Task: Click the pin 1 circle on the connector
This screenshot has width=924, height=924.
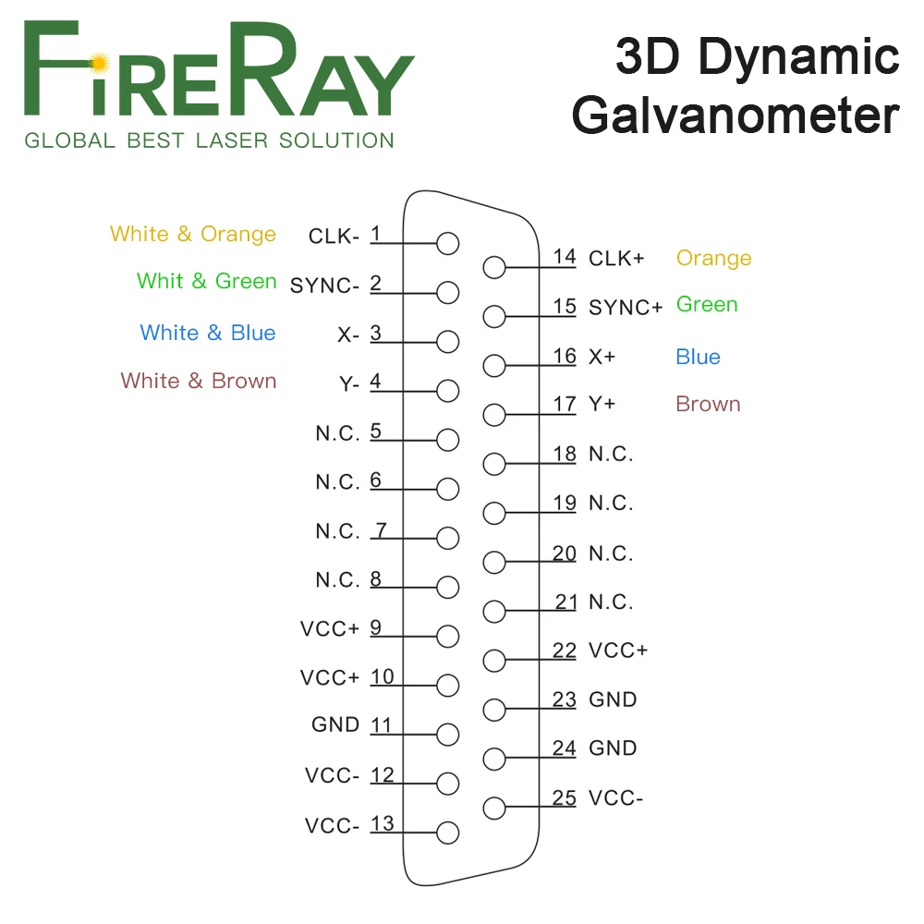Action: point(448,244)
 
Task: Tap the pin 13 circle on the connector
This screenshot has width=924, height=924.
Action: point(448,833)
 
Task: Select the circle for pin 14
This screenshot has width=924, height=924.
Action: point(494,269)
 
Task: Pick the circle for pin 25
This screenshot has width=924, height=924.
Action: point(494,808)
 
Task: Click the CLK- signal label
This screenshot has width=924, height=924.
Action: point(334,237)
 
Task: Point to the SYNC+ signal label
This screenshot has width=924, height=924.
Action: point(626,308)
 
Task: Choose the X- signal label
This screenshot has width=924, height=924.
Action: point(348,335)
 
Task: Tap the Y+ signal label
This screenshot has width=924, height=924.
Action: point(602,405)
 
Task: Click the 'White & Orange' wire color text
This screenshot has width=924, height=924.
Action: point(193,234)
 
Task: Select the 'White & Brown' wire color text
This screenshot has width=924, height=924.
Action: point(199,381)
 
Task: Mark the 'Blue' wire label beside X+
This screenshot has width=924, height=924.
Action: point(698,357)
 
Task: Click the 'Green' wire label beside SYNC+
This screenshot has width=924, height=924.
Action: point(707,304)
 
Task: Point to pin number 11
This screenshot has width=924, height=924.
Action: point(382,725)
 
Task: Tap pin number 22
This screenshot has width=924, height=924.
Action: point(565,650)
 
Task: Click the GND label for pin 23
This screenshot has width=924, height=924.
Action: point(613,699)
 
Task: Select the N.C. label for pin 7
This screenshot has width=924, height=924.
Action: point(337,531)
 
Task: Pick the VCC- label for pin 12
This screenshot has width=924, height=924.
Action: point(333,776)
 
